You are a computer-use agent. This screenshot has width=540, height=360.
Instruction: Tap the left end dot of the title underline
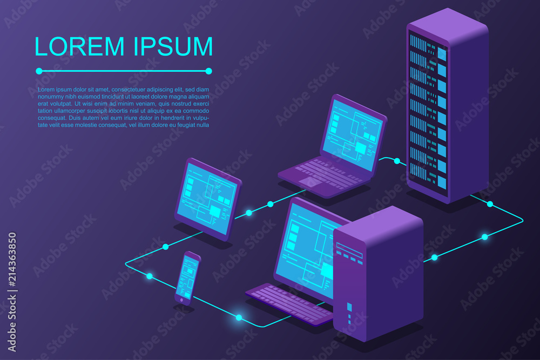click(x=39, y=71)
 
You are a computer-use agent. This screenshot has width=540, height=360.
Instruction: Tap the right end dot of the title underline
click(x=208, y=71)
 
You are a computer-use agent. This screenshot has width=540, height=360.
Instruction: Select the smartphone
click(x=187, y=278)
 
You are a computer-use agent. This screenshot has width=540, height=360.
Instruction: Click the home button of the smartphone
click(x=181, y=300)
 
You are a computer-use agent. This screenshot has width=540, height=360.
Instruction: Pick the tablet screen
click(x=209, y=199)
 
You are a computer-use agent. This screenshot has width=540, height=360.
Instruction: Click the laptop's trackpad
click(x=309, y=182)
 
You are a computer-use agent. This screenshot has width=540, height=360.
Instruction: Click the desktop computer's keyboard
click(x=289, y=303)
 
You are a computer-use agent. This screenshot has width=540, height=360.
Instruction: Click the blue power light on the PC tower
click(x=349, y=307)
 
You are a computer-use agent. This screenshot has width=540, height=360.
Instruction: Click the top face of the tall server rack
click(x=448, y=26)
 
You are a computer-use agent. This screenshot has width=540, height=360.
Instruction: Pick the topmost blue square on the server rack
click(x=442, y=55)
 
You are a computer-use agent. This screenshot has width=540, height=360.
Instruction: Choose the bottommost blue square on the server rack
click(x=442, y=182)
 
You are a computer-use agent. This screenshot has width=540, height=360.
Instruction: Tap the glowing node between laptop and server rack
click(x=397, y=161)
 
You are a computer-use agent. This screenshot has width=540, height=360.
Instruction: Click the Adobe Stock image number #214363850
click(x=12, y=260)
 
